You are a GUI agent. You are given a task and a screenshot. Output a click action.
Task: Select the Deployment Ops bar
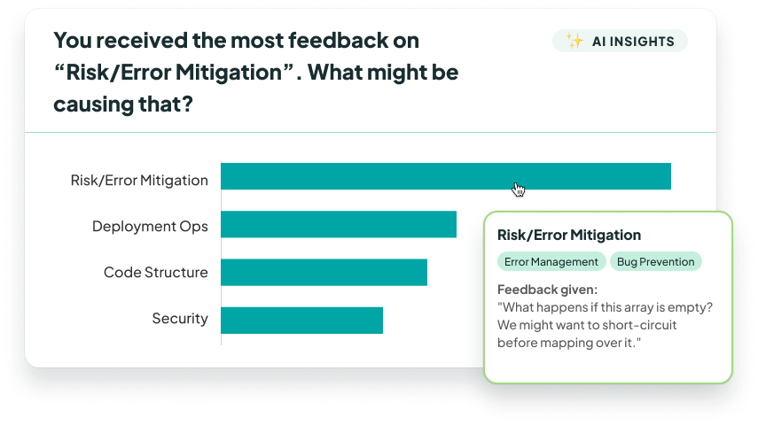338,224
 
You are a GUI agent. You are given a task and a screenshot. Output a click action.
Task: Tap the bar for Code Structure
324,272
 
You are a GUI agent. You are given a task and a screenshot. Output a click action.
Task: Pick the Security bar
301,320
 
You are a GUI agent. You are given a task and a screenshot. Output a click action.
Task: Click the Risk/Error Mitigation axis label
139,181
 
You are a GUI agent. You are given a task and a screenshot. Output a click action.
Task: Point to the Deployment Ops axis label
150,227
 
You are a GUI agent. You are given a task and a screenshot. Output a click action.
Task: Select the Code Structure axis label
155,273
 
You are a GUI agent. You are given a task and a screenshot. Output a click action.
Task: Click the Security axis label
180,319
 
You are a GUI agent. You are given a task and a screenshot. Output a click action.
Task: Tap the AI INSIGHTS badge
620,42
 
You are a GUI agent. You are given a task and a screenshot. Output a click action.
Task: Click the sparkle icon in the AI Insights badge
574,42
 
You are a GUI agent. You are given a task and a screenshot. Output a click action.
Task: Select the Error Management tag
551,261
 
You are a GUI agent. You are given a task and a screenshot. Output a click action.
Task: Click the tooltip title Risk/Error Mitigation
569,236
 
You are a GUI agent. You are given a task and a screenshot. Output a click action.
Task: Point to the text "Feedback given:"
547,290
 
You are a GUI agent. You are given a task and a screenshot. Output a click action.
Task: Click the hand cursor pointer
519,189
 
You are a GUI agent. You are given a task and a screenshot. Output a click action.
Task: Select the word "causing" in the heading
91,104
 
